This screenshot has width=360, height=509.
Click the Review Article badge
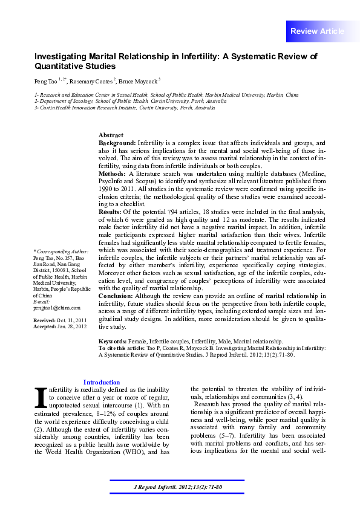[317, 31]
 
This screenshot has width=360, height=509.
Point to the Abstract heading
[111, 135]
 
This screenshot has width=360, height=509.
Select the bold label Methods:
[113, 173]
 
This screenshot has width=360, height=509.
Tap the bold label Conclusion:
[116, 295]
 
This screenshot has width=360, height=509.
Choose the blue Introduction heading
[101, 382]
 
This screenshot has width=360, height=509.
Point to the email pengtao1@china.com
[52, 308]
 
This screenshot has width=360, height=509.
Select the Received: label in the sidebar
[45, 319]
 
